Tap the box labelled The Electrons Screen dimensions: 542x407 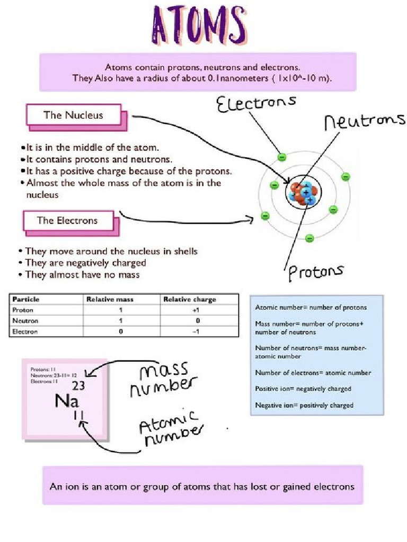(67, 220)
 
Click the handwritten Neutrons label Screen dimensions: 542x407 (364, 121)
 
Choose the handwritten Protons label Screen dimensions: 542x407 (315, 272)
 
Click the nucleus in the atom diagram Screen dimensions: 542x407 (303, 193)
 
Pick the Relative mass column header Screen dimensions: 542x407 (110, 300)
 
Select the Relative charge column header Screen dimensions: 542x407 (189, 300)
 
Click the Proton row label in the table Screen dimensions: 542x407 (23, 310)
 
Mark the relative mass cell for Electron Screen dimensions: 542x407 (121, 332)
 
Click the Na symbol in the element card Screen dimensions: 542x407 (67, 401)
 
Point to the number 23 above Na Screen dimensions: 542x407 (78, 385)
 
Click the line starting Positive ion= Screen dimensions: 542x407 (303, 389)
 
